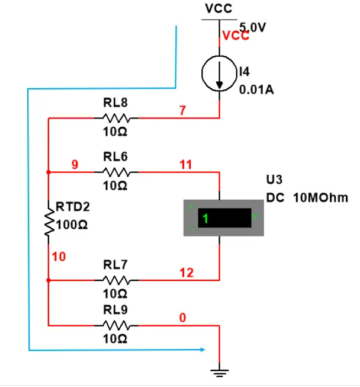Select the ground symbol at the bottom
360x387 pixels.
pyautogui.click(x=219, y=373)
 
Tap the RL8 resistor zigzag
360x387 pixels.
pyautogui.click(x=116, y=118)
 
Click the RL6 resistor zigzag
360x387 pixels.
pyautogui.click(x=116, y=172)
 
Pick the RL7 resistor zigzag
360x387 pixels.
pyautogui.click(x=116, y=280)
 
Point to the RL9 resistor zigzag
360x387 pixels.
pyautogui.click(x=116, y=325)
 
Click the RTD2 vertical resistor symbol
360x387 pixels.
pyautogui.click(x=49, y=222)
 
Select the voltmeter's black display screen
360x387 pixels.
pyautogui.click(x=224, y=218)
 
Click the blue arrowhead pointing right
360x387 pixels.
pyautogui.click(x=202, y=349)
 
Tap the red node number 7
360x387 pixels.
pyautogui.click(x=182, y=110)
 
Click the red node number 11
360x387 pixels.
pyautogui.click(x=186, y=165)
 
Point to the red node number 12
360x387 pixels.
pyautogui.click(x=187, y=273)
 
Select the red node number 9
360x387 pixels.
pyautogui.click(x=75, y=164)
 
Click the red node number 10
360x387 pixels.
pyautogui.click(x=59, y=257)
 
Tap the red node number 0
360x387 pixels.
pyautogui.click(x=182, y=318)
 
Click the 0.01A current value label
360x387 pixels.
pyautogui.click(x=256, y=89)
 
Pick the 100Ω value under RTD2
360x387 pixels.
pyautogui.click(x=72, y=225)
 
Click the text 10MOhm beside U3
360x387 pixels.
pyautogui.click(x=320, y=198)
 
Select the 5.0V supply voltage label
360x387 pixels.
pyautogui.click(x=252, y=27)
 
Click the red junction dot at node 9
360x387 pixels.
pyautogui.click(x=49, y=172)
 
